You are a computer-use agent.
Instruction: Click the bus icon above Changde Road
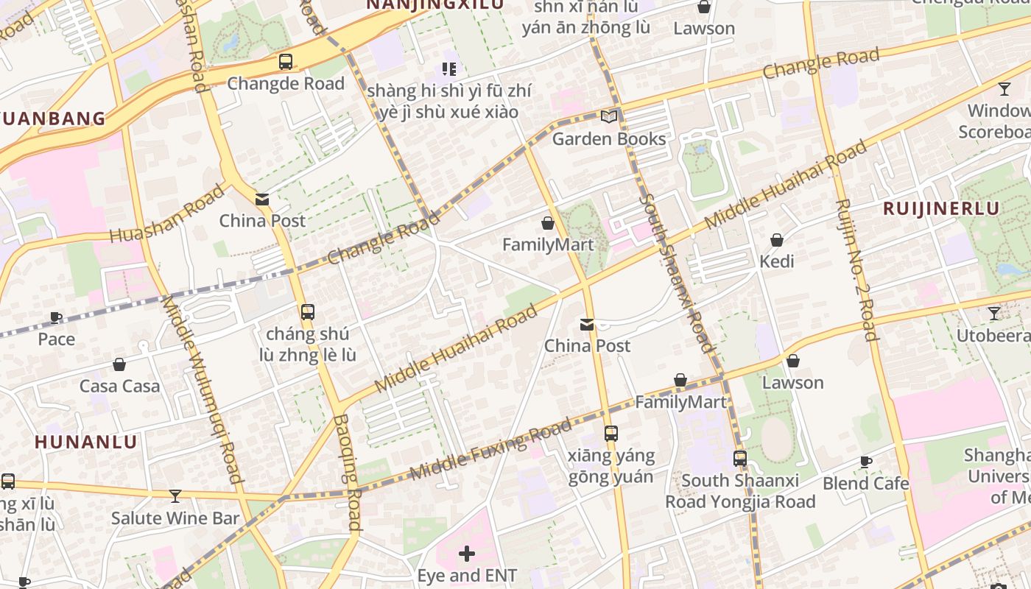286,62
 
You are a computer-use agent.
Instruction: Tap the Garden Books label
609,138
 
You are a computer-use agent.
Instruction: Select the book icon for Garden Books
609,116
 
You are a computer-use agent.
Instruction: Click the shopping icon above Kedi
776,240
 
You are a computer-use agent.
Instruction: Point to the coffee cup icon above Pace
56,317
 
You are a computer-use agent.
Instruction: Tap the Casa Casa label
119,386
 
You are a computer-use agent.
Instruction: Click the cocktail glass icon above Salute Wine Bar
175,495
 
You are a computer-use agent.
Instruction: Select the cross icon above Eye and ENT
467,553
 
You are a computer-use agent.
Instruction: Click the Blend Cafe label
865,483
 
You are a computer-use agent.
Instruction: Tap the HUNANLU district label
86,442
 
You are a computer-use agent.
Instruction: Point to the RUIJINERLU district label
941,208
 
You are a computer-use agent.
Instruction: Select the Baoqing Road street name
347,472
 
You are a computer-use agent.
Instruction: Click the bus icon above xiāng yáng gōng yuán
610,434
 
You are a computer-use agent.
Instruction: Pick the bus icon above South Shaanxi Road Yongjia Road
740,459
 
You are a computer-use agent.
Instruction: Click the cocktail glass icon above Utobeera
994,314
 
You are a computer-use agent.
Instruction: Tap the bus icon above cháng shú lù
308,312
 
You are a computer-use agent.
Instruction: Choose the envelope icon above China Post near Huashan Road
262,199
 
